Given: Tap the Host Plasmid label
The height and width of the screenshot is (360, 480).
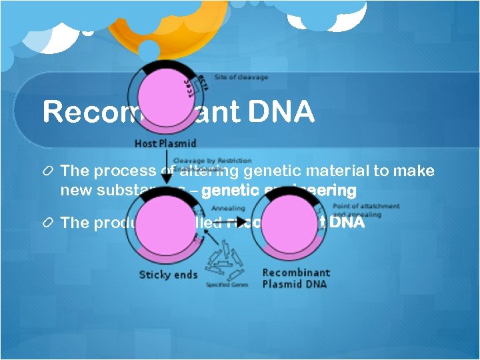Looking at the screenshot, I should coord(165,143).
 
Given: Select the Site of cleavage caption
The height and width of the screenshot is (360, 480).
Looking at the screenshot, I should coord(241,77).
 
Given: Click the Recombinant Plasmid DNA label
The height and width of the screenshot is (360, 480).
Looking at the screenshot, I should coord(296,278).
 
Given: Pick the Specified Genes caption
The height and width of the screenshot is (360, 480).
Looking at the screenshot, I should coord(227,285).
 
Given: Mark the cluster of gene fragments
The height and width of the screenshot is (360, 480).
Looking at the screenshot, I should coord(225,263).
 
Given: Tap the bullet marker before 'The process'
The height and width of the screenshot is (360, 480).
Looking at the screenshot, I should coord(48,171).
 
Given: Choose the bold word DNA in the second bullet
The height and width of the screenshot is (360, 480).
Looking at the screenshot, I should coord(347,223).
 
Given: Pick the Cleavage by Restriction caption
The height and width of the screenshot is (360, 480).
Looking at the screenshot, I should coord(212,161).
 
